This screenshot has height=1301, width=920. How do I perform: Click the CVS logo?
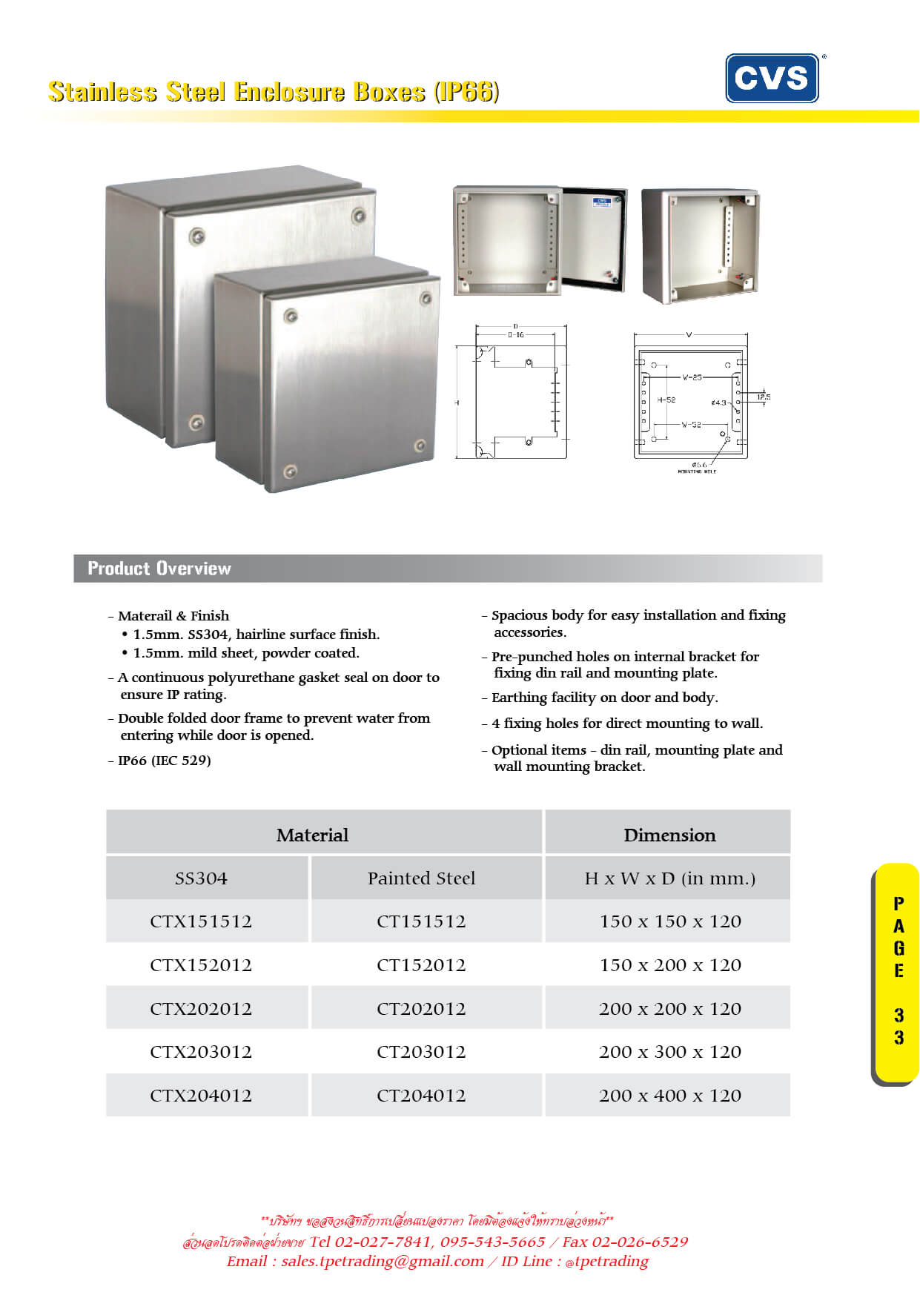pos(772,78)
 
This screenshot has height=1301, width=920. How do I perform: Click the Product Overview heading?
pos(159,569)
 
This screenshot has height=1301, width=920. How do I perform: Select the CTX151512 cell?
pos(201,921)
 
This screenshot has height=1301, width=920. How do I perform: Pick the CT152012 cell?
pos(421,965)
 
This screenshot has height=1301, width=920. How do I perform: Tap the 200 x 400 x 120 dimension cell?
pos(669,1096)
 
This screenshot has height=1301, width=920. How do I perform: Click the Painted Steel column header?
pos(421,878)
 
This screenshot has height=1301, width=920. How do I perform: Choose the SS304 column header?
pos(201,878)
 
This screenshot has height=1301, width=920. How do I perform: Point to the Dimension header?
pos(669,835)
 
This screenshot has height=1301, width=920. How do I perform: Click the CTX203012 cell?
pos(201,1052)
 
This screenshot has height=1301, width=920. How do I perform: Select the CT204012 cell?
pos(421,1096)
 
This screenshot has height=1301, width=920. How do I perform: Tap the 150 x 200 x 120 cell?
pos(669,965)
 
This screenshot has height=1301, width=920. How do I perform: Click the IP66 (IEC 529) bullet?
pos(164,761)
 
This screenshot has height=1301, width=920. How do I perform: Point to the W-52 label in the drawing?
pos(691,425)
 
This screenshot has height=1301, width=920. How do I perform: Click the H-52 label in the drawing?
pos(666,400)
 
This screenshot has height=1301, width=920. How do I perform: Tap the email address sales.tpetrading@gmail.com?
pos(382,1261)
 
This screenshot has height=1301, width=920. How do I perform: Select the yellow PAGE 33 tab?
pos(898,971)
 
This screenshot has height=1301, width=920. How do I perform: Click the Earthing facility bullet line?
pos(604,698)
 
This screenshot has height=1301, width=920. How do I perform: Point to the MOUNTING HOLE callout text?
pos(697,471)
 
